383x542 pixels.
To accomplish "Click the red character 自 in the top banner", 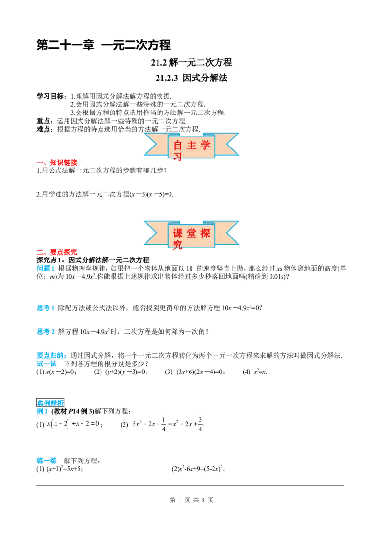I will pos(178,146).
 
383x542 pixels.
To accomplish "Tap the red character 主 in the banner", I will pos(192,146).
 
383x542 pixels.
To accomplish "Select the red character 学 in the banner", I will pos(205,146).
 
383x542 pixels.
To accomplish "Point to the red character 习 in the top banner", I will pos(178,157).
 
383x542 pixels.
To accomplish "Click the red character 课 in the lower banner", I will pos(178,234).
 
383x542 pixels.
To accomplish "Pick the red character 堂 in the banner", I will pos(192,234).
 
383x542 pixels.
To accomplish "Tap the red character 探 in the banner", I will pos(205,234).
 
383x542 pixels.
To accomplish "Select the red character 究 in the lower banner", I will pos(178,246).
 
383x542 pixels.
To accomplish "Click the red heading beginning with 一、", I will pos(57,163).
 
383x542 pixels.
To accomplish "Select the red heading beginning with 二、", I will pos(57,252).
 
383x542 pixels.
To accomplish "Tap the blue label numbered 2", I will pos(45,309).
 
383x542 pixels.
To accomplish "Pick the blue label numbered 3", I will pos(45,331).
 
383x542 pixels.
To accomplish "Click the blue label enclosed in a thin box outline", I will pos(50,403).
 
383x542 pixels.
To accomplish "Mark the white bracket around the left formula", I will pos(101,425).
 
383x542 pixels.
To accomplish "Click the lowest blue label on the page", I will pos(46,461).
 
